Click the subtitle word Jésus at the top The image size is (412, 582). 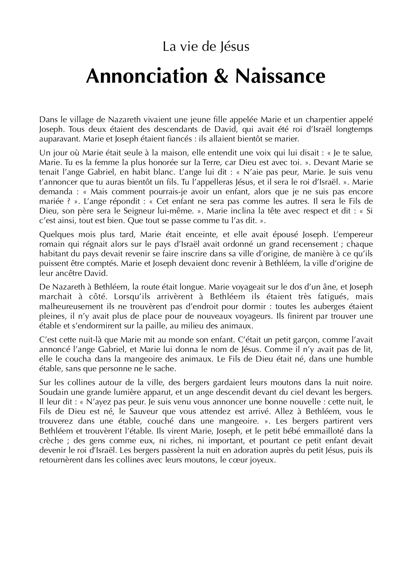235,47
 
